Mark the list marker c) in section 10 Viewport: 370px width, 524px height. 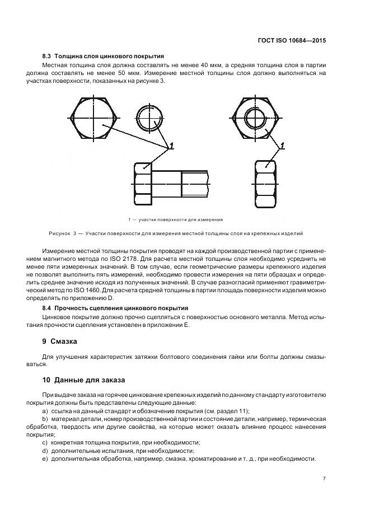tap(45, 442)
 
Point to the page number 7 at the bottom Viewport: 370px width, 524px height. tap(324, 479)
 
